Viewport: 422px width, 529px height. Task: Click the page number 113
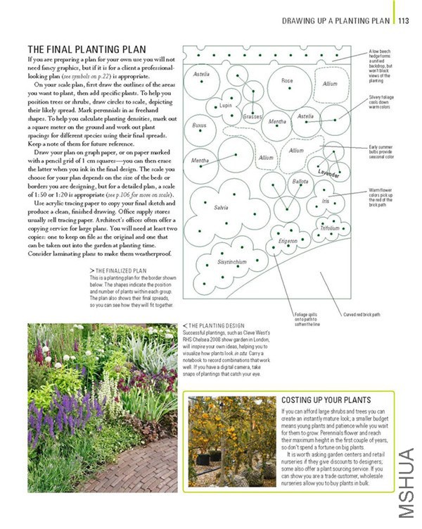pos(403,21)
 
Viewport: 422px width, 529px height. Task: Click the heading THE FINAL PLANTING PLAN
pos(87,49)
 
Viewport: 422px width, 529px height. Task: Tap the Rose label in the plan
pos(287,81)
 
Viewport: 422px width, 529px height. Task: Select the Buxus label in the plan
pos(198,125)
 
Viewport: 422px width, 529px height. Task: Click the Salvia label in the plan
pos(221,208)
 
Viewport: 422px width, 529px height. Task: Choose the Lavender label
pos(328,172)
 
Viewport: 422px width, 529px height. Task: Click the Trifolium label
pos(329,228)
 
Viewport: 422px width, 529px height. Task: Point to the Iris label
pos(325,201)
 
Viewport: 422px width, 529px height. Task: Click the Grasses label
pos(252,116)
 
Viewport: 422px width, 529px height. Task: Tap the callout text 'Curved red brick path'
pos(361,314)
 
